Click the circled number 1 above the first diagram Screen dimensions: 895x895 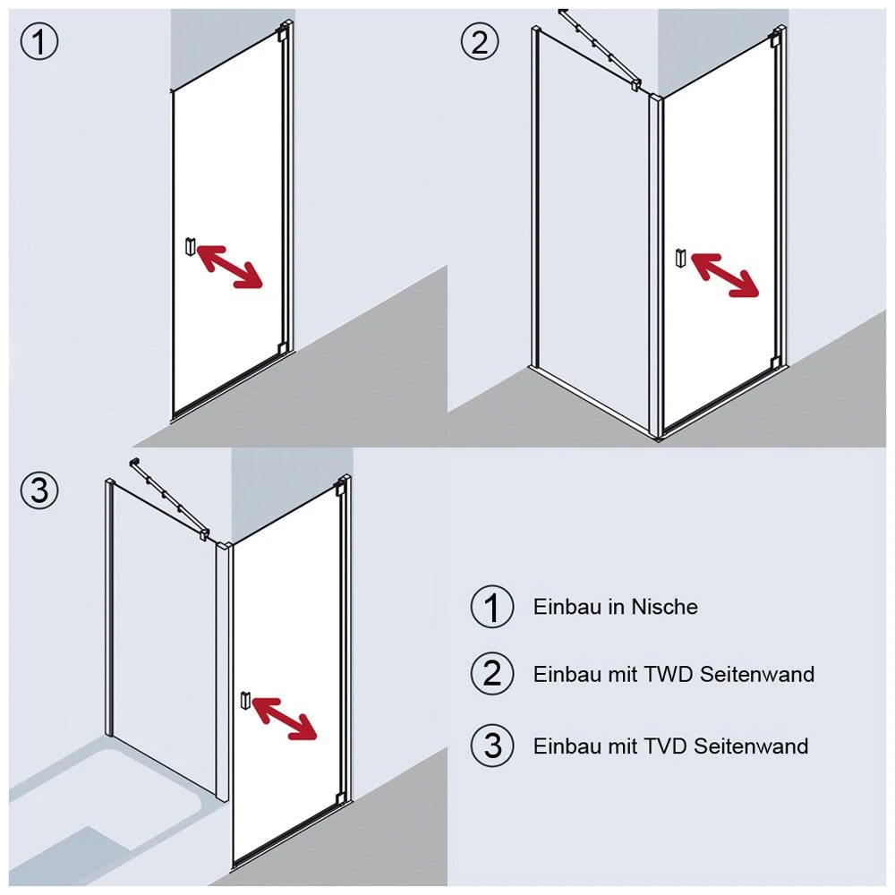(x=39, y=41)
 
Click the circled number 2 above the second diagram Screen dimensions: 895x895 (x=480, y=41)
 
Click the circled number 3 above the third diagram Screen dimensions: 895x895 (x=39, y=490)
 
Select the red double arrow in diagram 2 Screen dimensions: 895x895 (x=725, y=275)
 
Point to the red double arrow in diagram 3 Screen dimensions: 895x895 (x=285, y=718)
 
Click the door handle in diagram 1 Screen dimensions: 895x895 (x=190, y=247)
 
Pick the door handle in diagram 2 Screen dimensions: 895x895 (x=680, y=258)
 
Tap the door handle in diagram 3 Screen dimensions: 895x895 (x=245, y=701)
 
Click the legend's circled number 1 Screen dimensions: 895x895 (x=492, y=607)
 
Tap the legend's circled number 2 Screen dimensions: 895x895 (x=492, y=674)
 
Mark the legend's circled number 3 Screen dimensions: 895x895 (x=492, y=746)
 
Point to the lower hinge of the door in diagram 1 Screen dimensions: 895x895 (x=282, y=348)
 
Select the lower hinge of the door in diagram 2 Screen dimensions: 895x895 (x=774, y=363)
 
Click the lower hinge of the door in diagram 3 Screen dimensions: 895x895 (x=340, y=797)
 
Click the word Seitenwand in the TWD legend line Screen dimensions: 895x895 (x=757, y=674)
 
